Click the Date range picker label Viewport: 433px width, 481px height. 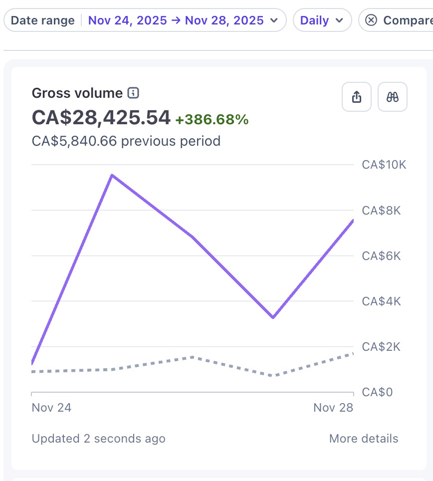coord(42,20)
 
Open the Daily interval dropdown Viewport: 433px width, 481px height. coord(322,20)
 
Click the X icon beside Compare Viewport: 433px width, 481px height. coord(371,20)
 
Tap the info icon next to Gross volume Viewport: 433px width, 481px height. coord(133,93)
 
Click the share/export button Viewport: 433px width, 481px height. coord(357,97)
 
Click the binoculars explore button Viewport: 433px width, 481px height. coord(393,97)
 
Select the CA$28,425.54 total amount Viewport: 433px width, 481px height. coord(101,117)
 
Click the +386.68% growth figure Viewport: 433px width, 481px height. coord(212,119)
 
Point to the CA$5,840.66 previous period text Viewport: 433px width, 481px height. coord(126,141)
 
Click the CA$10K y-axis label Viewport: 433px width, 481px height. coord(384,165)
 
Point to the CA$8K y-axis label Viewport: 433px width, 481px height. coord(381,211)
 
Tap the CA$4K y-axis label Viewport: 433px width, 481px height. coord(381,301)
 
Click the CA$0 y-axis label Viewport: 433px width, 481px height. coord(377,392)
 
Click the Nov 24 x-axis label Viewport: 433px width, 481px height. coord(51,408)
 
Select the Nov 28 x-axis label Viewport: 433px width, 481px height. coord(333,408)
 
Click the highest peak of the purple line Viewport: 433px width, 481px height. coord(112,175)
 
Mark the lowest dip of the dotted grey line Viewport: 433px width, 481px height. coord(273,375)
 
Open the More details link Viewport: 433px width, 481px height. coord(364,439)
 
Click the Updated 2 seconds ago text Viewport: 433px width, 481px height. coord(98,439)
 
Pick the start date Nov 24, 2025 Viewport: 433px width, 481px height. coord(128,20)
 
